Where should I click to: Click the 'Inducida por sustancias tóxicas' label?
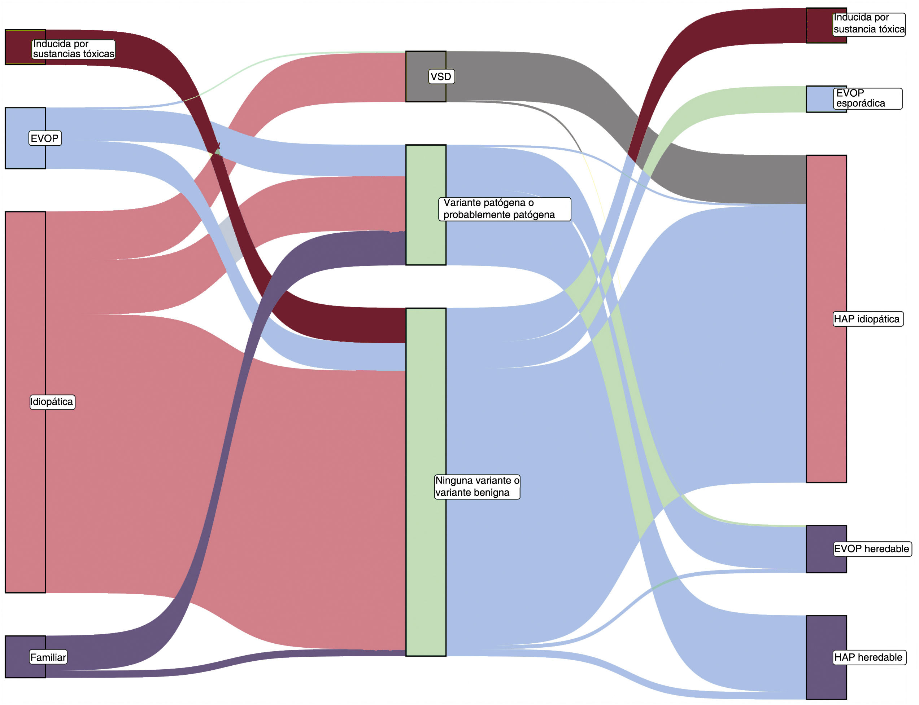tap(74, 49)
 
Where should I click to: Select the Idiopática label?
tap(52, 402)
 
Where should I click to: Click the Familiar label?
tap(48, 657)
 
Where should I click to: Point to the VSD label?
tap(441, 76)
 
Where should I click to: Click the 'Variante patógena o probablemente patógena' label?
tap(504, 208)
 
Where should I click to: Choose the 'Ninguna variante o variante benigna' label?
tap(477, 486)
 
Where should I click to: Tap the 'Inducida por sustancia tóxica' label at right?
tap(868, 23)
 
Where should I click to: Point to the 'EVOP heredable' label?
tap(872, 548)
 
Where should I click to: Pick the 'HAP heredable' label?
tap(868, 657)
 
